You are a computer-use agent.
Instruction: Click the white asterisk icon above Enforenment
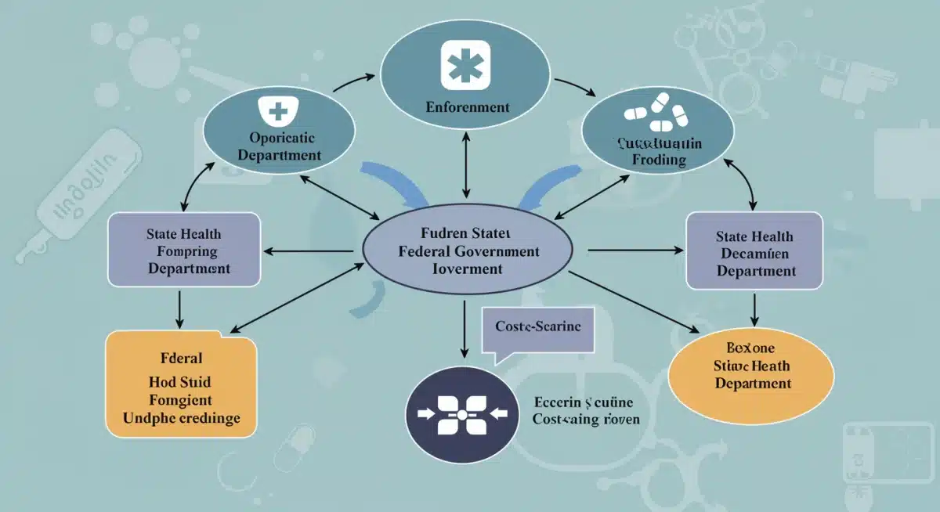tap(466, 65)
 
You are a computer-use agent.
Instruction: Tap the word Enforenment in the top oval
tap(468, 107)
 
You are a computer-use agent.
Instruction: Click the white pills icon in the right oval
tap(657, 111)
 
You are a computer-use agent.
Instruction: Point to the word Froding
tap(657, 160)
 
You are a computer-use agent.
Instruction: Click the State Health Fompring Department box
tap(183, 251)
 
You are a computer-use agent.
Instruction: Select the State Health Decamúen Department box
tap(754, 253)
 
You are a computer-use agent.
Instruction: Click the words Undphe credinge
tap(181, 418)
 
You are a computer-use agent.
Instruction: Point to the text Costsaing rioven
tap(585, 419)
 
